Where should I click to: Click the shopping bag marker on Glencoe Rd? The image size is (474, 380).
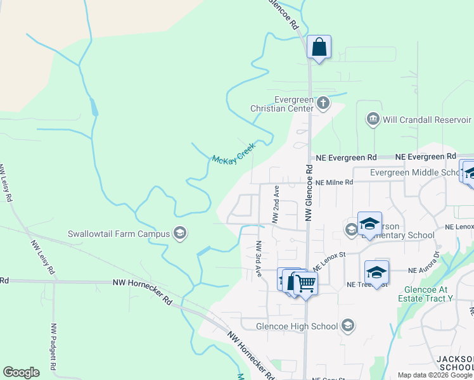(319, 47)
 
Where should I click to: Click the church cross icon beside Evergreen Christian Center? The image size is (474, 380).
(323, 103)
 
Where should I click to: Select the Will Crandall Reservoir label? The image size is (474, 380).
(426, 120)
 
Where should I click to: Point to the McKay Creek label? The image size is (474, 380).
(233, 153)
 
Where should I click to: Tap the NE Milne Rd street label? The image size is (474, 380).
(333, 182)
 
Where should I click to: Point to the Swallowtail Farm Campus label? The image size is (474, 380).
(119, 234)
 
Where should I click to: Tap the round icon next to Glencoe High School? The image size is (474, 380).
(347, 326)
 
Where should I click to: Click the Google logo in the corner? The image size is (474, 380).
(21, 372)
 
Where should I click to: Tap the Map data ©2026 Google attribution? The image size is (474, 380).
(435, 375)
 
